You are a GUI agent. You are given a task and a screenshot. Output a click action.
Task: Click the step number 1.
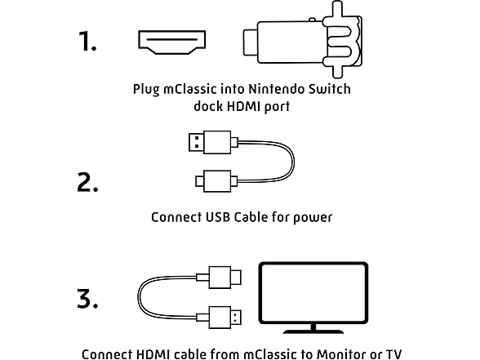pyautogui.click(x=87, y=41)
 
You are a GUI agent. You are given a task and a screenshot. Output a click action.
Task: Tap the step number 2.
pyautogui.click(x=87, y=183)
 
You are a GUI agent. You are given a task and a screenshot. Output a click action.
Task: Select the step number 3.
pyautogui.click(x=87, y=299)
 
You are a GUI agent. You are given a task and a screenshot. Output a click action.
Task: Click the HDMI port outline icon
pyautogui.click(x=171, y=42)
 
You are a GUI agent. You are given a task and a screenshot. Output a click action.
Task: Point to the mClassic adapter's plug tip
pyautogui.click(x=251, y=42)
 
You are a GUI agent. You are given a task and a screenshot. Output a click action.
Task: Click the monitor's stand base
pyautogui.click(x=313, y=331)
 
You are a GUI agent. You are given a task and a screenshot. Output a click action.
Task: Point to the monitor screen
pyautogui.click(x=313, y=292)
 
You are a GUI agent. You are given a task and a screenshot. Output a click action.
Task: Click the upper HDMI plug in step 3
pyautogui.click(x=225, y=278)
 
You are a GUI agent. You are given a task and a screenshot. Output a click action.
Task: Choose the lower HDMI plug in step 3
pyautogui.click(x=225, y=318)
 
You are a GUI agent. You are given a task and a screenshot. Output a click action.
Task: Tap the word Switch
pyautogui.click(x=330, y=90)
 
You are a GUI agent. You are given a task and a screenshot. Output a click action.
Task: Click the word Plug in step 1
pyautogui.click(x=146, y=90)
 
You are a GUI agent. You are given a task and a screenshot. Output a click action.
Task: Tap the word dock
pyautogui.click(x=208, y=106)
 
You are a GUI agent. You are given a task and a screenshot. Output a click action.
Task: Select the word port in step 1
pyautogui.click(x=277, y=108)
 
